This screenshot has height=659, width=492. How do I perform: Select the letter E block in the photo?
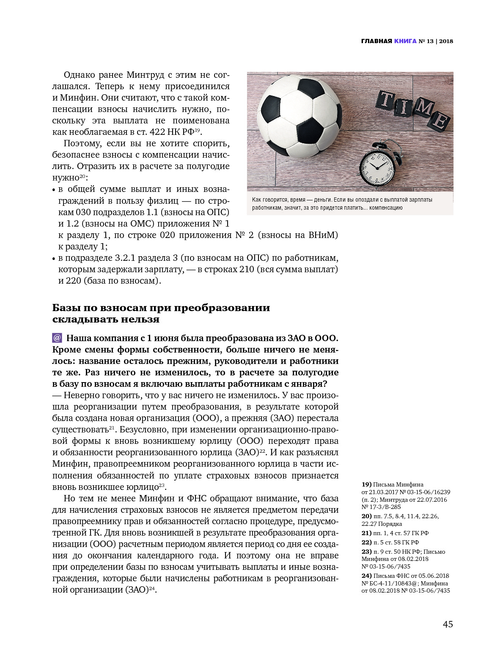438,122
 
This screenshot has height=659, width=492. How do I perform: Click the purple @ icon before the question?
57,338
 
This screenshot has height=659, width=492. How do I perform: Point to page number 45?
448,624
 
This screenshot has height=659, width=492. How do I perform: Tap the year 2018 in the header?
446,41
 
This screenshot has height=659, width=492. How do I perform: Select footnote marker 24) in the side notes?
366,576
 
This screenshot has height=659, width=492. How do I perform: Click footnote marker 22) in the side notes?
366,542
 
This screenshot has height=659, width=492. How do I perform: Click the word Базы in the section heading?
66,308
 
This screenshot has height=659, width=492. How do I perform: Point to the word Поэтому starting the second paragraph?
81,143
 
